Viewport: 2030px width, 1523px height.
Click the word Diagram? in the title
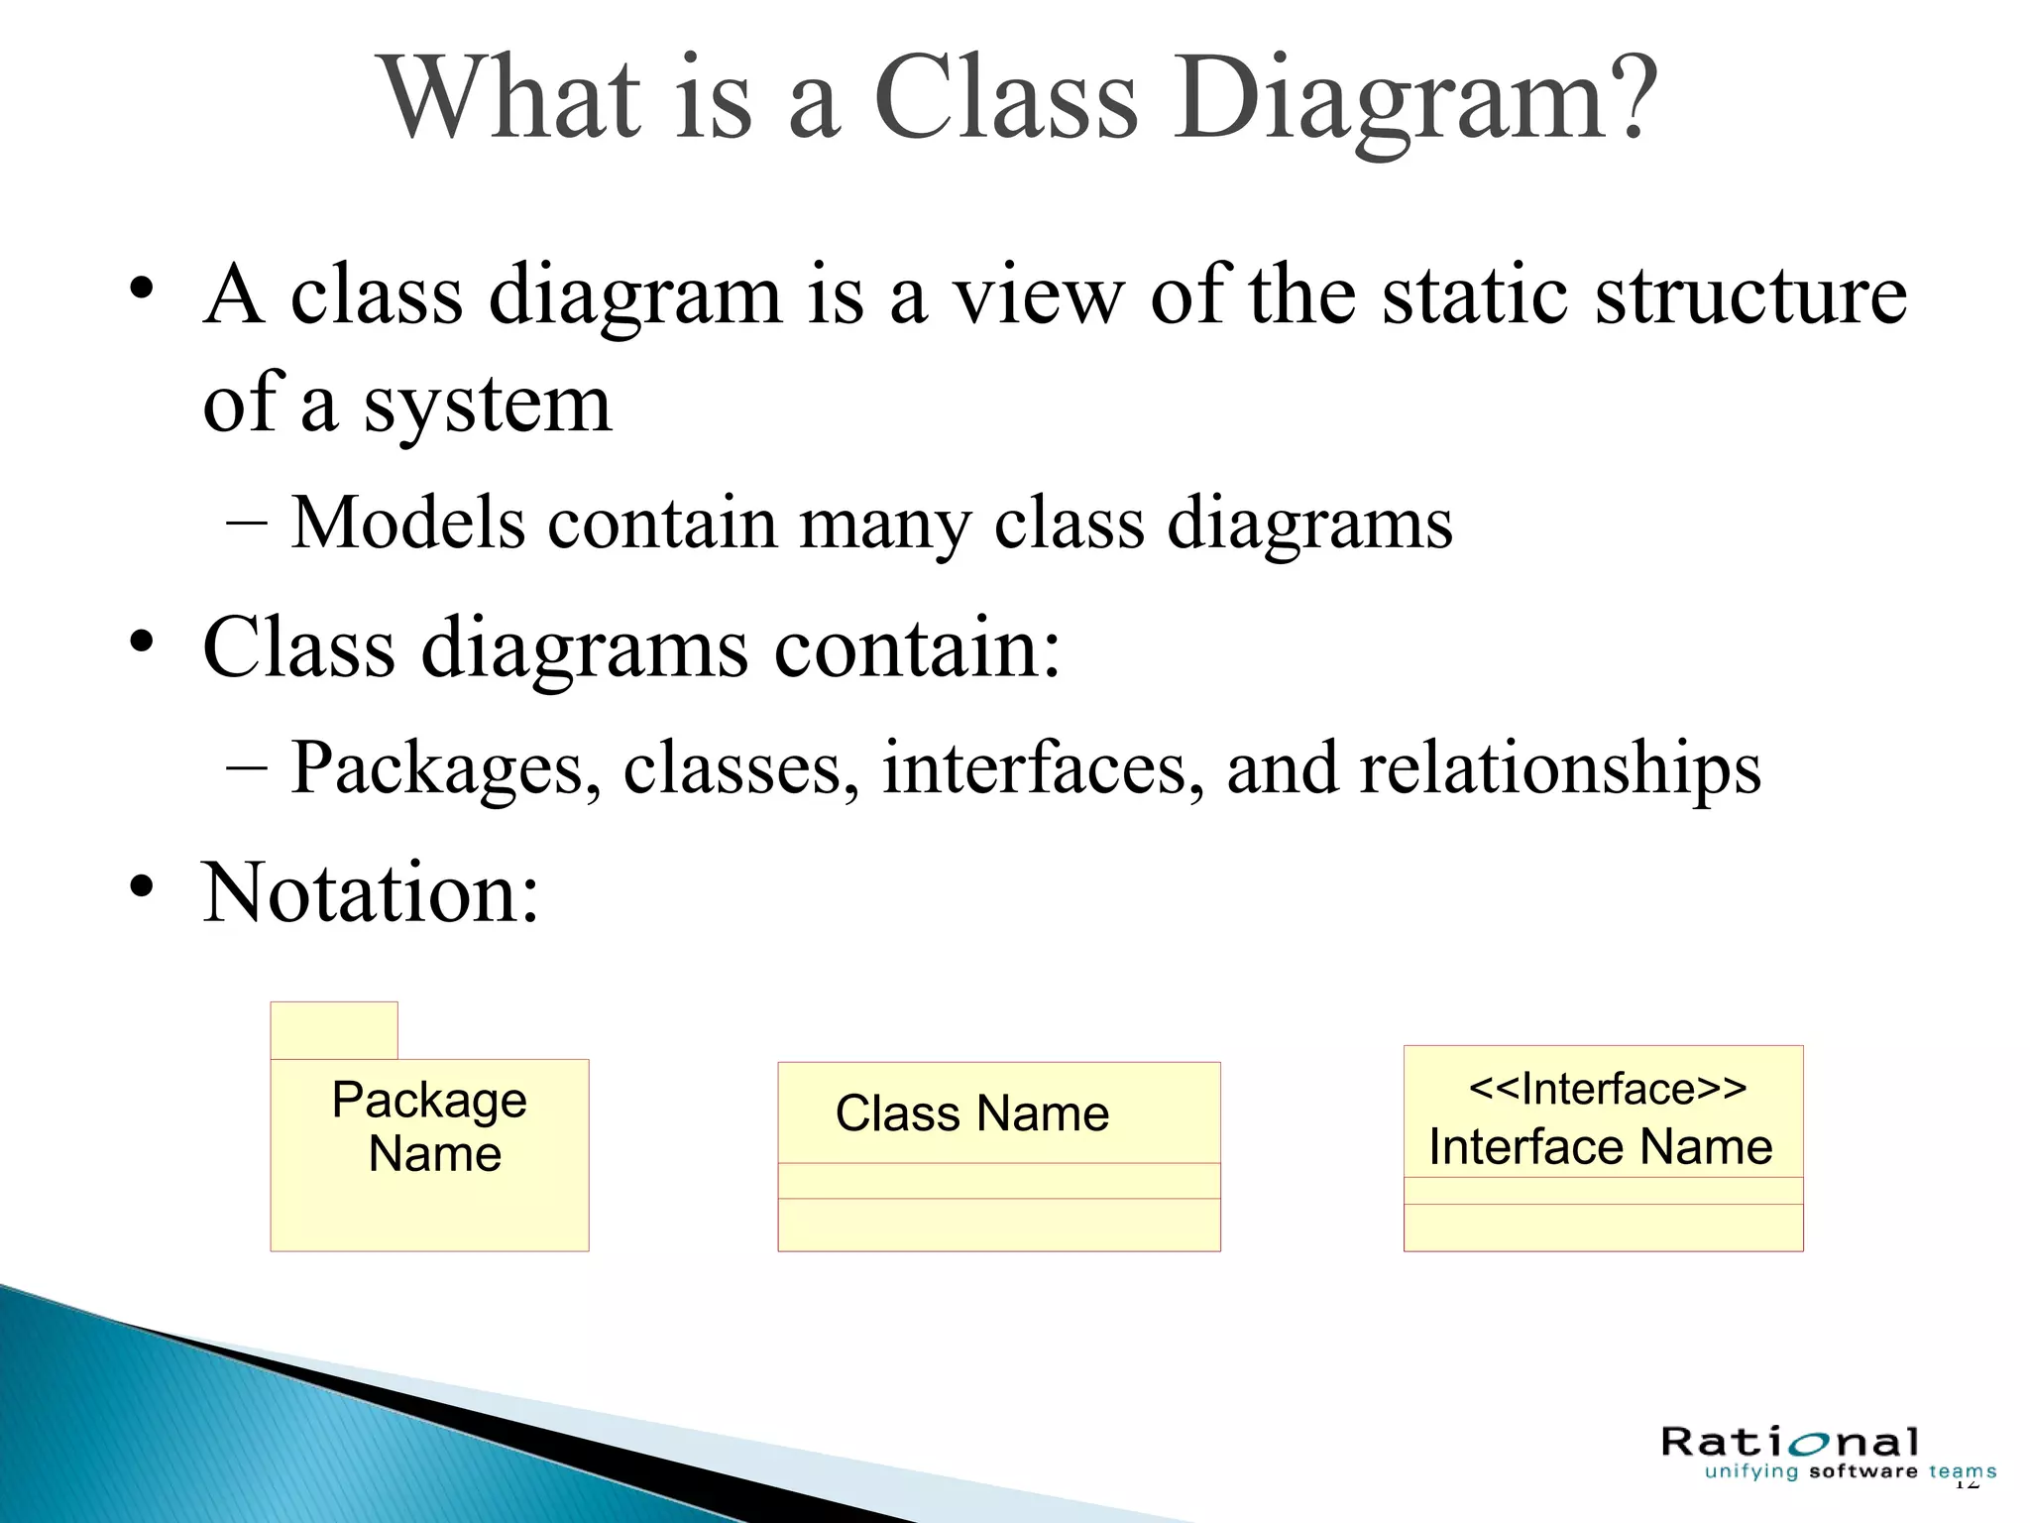pos(1417,99)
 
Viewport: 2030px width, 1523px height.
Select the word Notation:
pos(371,892)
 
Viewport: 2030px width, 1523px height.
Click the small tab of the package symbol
pos(334,1030)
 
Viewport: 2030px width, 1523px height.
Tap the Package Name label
pos(430,1126)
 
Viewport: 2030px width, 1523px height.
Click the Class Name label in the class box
pos(971,1113)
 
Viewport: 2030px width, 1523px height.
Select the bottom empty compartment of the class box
pos(998,1225)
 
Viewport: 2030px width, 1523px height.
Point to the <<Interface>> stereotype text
pos(1607,1088)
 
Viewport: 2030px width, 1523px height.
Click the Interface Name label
pos(1600,1146)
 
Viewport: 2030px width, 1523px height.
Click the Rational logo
pos(1790,1442)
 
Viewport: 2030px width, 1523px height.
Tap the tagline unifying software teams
pos(1850,1471)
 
